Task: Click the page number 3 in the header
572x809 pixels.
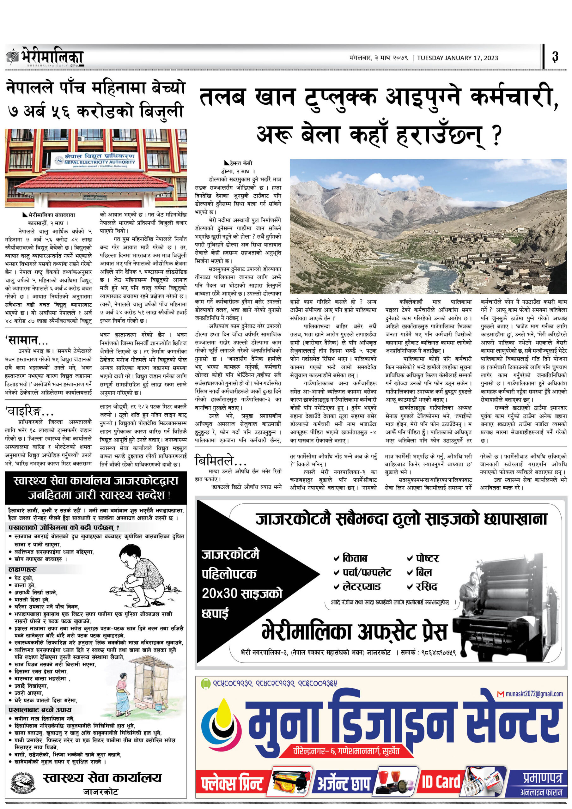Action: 555,57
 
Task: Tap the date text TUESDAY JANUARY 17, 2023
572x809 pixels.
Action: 458,58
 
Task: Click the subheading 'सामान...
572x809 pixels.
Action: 26,341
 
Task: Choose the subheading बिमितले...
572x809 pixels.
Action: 220,460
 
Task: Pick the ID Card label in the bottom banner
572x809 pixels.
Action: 441,782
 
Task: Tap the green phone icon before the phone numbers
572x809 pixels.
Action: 205,684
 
